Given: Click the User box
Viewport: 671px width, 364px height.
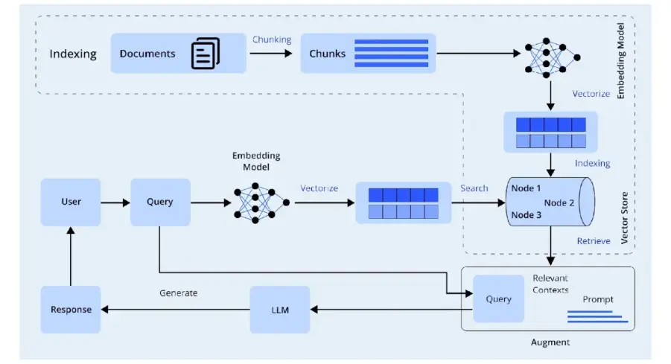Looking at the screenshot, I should [x=71, y=202].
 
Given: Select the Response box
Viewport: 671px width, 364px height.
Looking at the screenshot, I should [x=71, y=310].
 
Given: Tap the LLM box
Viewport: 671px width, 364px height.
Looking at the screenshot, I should [x=279, y=310].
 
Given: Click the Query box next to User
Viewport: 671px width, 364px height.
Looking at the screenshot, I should [x=160, y=202].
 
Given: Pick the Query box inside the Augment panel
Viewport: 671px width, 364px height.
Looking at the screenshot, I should [x=498, y=298].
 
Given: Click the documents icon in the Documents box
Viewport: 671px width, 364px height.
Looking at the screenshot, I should [x=206, y=54].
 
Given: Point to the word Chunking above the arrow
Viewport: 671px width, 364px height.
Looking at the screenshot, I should [x=272, y=39].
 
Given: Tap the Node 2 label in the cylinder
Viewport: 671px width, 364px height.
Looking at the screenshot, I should [x=559, y=202].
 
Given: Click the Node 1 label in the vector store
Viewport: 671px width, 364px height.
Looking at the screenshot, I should [x=527, y=188].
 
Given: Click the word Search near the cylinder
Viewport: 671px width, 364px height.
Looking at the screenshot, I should [x=474, y=188].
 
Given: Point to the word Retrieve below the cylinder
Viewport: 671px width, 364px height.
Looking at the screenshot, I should [x=594, y=241].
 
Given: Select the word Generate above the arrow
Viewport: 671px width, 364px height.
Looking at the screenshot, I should [x=179, y=293].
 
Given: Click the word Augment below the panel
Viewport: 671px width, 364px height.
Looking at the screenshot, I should [x=550, y=342].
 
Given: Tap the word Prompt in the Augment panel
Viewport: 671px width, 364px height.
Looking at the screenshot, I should [x=598, y=299].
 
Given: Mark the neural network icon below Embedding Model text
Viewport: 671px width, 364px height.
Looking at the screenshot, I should [x=255, y=202].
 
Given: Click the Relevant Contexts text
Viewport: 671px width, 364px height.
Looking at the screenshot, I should [x=550, y=284].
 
